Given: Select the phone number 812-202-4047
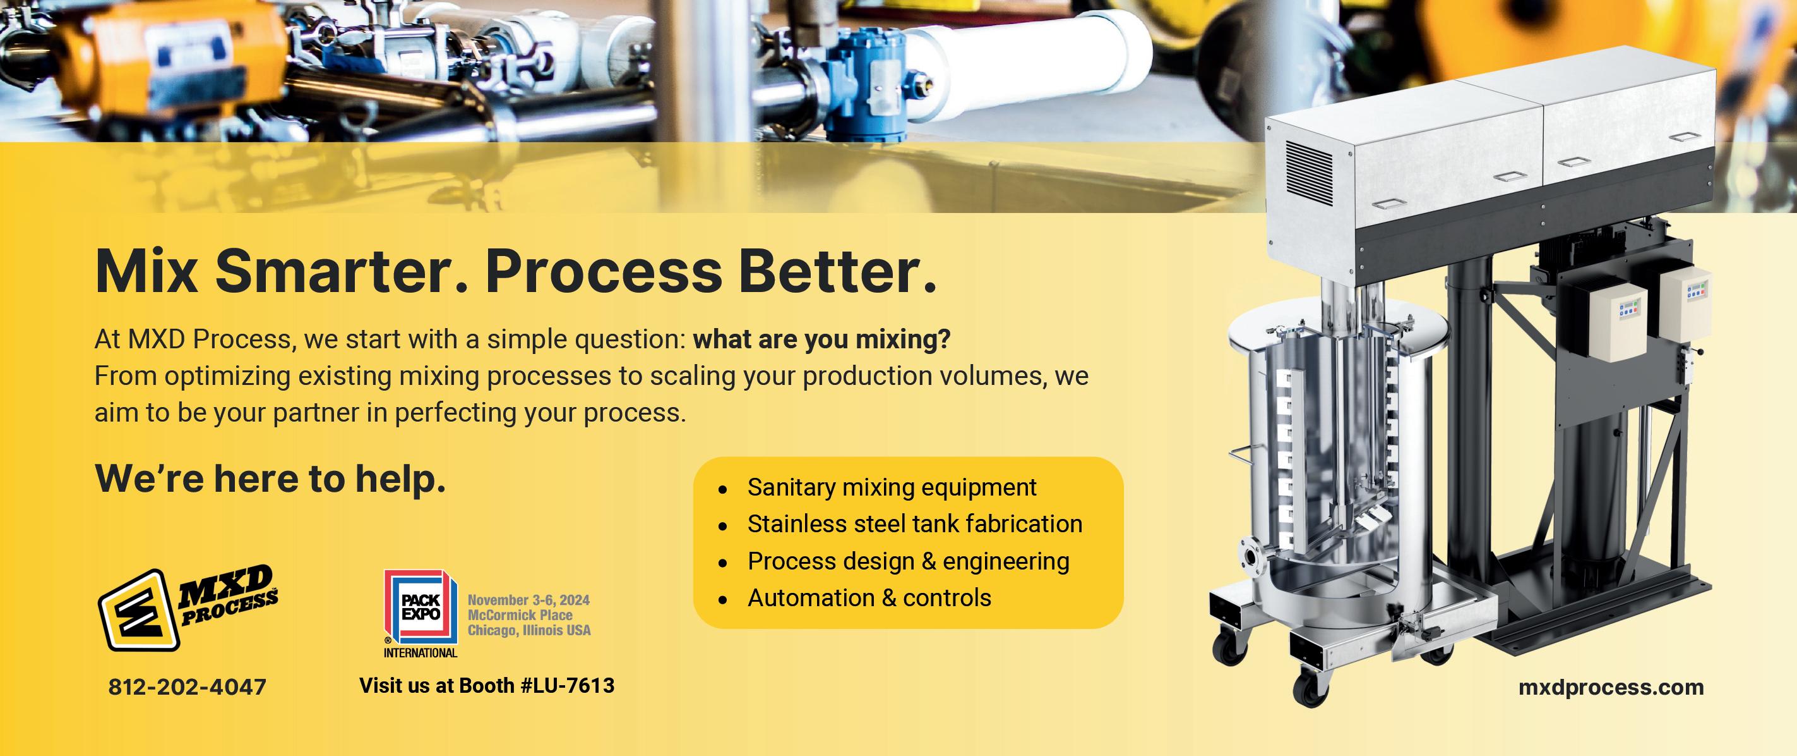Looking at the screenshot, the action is [x=187, y=687].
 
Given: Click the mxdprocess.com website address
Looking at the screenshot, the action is [x=1611, y=687].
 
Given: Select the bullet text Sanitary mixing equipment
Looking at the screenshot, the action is [x=892, y=487].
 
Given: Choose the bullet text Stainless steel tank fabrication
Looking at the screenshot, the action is [x=914, y=523].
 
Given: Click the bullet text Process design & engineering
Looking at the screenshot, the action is [x=908, y=561].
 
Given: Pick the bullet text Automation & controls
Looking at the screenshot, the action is [x=869, y=597].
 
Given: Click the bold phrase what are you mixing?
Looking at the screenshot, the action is [x=821, y=340].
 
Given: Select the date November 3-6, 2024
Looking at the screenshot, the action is [x=528, y=600].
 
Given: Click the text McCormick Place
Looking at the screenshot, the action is [x=520, y=615].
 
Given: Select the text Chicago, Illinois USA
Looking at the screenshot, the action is [x=528, y=630].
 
